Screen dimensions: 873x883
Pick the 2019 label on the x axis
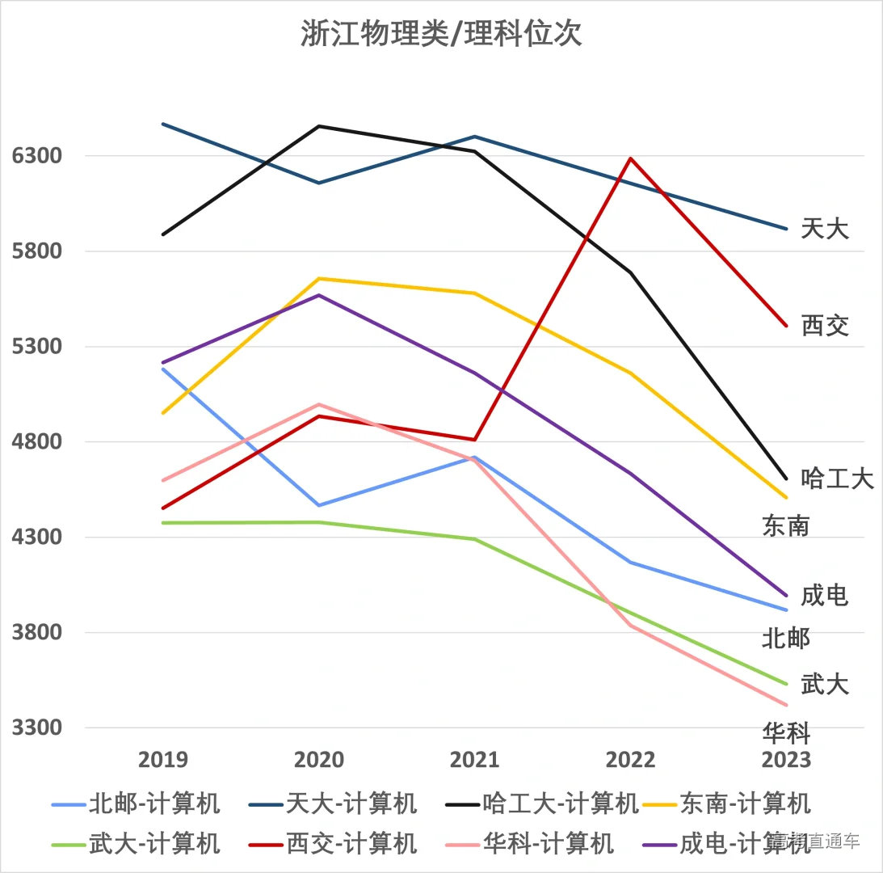coord(163,760)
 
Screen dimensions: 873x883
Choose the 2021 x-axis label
coord(475,760)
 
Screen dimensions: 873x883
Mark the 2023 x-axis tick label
coord(786,760)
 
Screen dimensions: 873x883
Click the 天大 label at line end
coord(825,229)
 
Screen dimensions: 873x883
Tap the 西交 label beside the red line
coord(825,326)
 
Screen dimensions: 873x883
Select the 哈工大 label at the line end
coord(837,479)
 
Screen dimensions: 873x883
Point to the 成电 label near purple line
coord(825,596)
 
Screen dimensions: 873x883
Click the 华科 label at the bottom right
coord(786,732)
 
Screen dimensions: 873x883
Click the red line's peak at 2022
coord(630,158)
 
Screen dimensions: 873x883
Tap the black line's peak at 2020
coord(319,126)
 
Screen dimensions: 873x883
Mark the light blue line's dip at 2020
coord(319,505)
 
